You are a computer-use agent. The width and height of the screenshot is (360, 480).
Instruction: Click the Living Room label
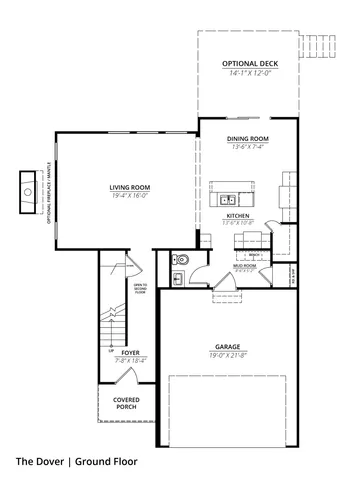[x=129, y=186]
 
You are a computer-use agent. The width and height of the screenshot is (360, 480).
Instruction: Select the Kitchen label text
[x=237, y=216]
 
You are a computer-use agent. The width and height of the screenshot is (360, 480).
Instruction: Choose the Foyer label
[x=131, y=352]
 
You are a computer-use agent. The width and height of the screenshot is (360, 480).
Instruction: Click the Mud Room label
[x=245, y=267]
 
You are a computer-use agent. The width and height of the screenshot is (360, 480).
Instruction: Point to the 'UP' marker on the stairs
[x=111, y=351]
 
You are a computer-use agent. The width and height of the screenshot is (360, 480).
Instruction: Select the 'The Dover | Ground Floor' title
[x=76, y=462]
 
